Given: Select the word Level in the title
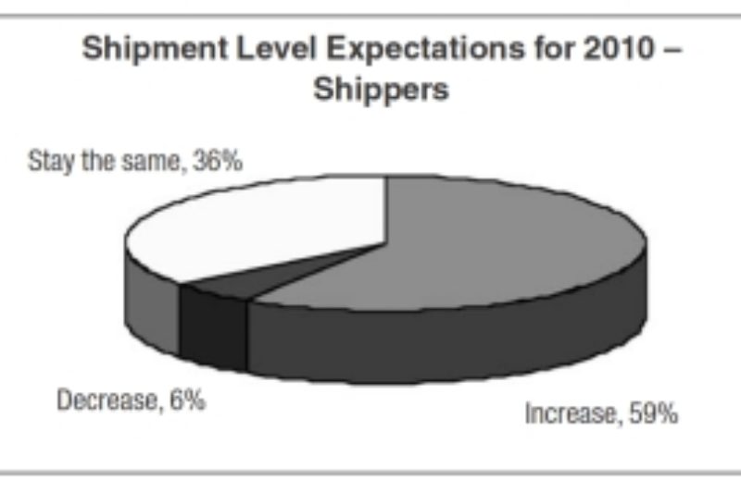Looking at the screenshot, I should click(259, 49).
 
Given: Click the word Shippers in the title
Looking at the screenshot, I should click(381, 90).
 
